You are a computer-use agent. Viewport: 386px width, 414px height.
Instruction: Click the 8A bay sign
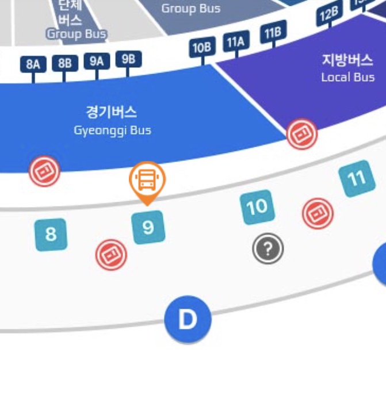pyautogui.click(x=33, y=64)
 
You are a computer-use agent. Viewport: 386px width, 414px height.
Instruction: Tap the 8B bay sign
pyautogui.click(x=65, y=63)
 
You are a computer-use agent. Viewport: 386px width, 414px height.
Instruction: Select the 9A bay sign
pyautogui.click(x=97, y=61)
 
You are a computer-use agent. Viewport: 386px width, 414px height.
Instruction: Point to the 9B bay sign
pyautogui.click(x=128, y=59)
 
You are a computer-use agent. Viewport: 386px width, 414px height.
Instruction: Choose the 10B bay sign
pyautogui.click(x=202, y=48)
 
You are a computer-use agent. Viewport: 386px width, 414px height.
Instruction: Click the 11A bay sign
pyautogui.click(x=236, y=42)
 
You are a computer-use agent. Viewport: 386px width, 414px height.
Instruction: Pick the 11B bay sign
pyautogui.click(x=272, y=34)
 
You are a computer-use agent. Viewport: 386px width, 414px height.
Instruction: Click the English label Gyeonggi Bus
pyautogui.click(x=112, y=131)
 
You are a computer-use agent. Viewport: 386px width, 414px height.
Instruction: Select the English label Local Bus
pyautogui.click(x=347, y=77)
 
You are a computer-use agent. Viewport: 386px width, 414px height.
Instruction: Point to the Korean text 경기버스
pyautogui.click(x=112, y=112)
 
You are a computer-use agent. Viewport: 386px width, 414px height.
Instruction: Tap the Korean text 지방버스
pyautogui.click(x=347, y=60)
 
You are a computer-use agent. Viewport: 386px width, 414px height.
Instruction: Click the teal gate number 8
pyautogui.click(x=51, y=235)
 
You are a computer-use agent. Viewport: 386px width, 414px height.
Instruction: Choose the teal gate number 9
pyautogui.click(x=148, y=228)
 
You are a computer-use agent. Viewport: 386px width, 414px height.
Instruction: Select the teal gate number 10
pyautogui.click(x=257, y=207)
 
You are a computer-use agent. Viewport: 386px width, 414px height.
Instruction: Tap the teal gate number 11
pyautogui.click(x=357, y=179)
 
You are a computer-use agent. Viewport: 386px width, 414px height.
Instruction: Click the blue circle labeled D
pyautogui.click(x=188, y=320)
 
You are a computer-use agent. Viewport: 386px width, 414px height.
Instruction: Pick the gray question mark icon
pyautogui.click(x=268, y=249)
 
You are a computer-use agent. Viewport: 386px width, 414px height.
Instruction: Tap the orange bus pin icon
pyautogui.click(x=147, y=180)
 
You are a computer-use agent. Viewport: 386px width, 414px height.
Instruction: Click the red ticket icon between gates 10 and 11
pyautogui.click(x=318, y=213)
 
